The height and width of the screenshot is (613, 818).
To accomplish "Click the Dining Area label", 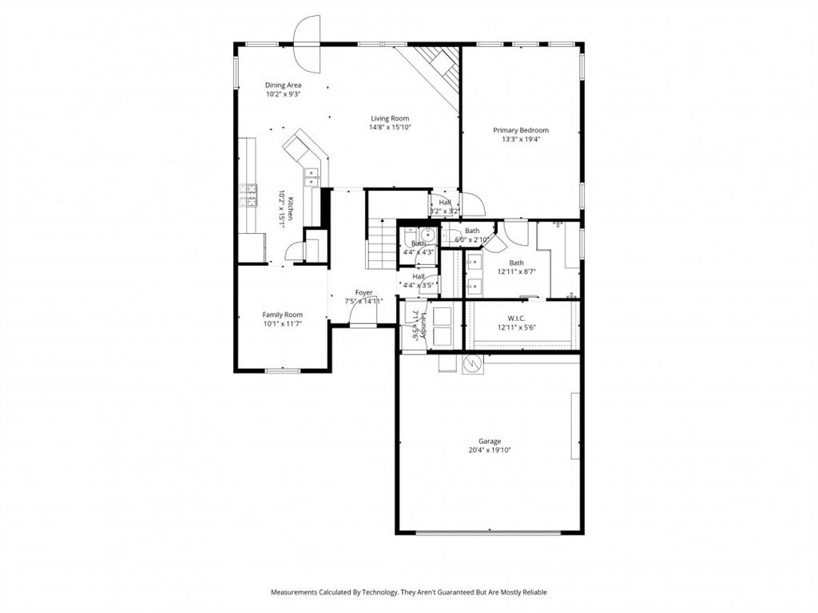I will pyautogui.click(x=283, y=85).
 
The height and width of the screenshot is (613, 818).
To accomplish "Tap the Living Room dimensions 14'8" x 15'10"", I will pyautogui.click(x=389, y=127).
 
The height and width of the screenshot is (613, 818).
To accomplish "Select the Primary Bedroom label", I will pyautogui.click(x=520, y=130).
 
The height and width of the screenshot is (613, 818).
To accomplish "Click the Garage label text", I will pyautogui.click(x=490, y=441).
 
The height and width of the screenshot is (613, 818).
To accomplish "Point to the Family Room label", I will pyautogui.click(x=283, y=314).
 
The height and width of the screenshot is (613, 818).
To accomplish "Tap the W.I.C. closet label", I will pyautogui.click(x=516, y=318).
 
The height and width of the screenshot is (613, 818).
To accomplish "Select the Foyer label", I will pyautogui.click(x=364, y=293).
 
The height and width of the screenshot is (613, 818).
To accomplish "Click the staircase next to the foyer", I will pyautogui.click(x=382, y=243).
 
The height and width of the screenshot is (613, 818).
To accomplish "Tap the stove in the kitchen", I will pyautogui.click(x=248, y=194).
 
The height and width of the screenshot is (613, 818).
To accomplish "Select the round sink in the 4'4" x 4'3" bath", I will pyautogui.click(x=428, y=235).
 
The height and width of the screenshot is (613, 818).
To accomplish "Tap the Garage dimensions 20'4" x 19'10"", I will pyautogui.click(x=490, y=450).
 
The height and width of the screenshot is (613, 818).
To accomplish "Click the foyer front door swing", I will pyautogui.click(x=363, y=319).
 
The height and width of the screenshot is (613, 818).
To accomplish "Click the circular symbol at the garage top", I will pyautogui.click(x=472, y=364).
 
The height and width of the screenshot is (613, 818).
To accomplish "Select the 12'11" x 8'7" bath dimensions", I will pyautogui.click(x=516, y=271).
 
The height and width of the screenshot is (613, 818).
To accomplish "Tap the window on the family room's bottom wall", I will pyautogui.click(x=282, y=370).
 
